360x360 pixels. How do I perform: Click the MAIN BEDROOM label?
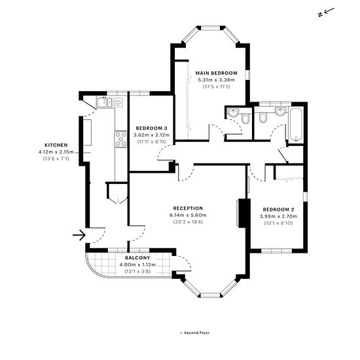click(216, 73)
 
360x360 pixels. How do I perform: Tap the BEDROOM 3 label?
click(152, 128)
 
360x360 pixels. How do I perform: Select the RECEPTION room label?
click(188, 208)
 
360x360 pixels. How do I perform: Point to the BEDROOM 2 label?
click(278, 209)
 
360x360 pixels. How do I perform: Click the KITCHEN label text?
click(56, 145)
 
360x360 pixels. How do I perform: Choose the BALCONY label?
click(137, 258)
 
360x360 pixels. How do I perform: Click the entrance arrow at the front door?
click(79, 235)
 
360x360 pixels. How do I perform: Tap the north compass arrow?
click(329, 10)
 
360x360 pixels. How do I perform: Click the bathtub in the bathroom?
click(296, 124)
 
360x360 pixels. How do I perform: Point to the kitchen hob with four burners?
click(121, 139)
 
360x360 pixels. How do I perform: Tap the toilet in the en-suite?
click(245, 119)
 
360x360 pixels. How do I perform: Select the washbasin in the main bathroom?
click(280, 111)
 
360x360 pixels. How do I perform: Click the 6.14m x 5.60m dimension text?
click(188, 215)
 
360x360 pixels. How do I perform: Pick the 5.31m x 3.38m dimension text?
click(216, 80)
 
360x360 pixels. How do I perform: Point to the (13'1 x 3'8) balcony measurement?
click(137, 272)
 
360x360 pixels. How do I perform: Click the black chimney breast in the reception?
click(244, 213)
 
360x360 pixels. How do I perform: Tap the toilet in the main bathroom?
click(262, 118)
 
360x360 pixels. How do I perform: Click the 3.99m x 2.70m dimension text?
click(278, 216)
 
